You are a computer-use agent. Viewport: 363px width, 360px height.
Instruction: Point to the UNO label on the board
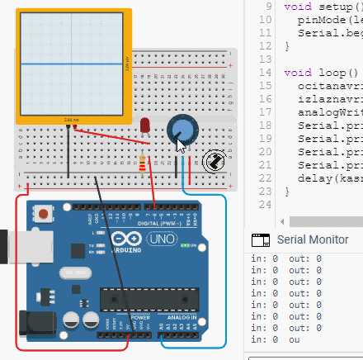click(156, 239)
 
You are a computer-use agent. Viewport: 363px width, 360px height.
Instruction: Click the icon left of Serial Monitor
click(262, 239)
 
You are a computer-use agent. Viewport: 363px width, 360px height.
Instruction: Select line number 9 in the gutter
click(267, 6)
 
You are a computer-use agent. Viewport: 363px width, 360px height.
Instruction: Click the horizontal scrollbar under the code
click(322, 221)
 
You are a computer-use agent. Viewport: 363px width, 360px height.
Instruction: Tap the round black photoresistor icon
click(213, 138)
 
